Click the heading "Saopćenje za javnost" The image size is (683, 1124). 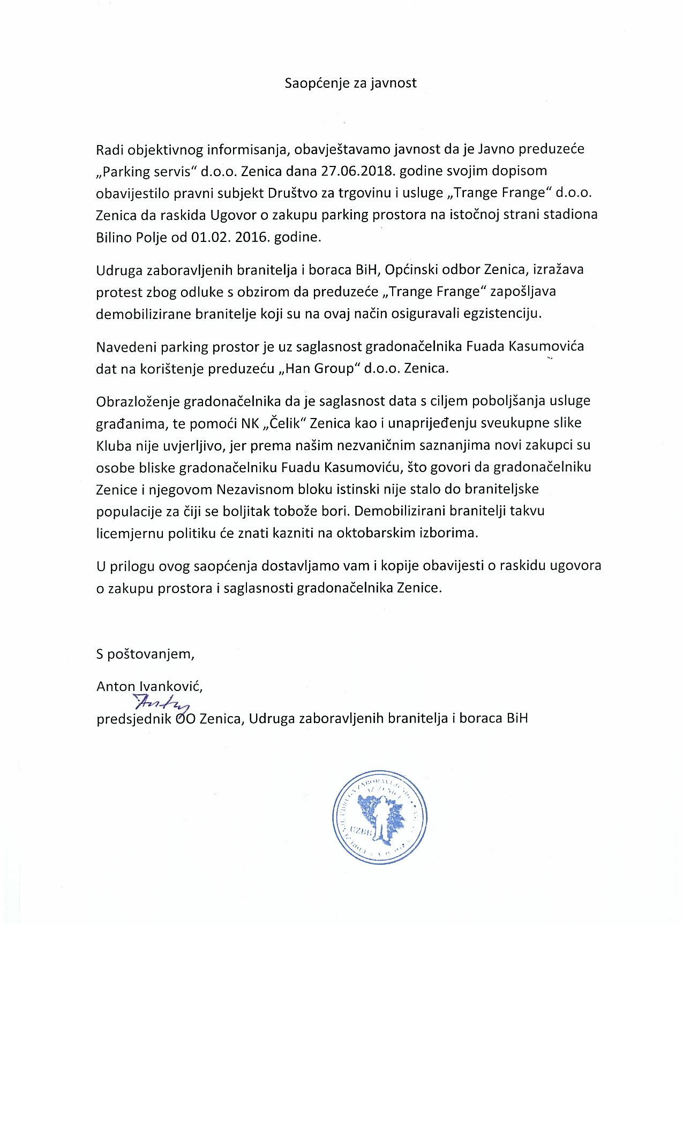pos(350,83)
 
